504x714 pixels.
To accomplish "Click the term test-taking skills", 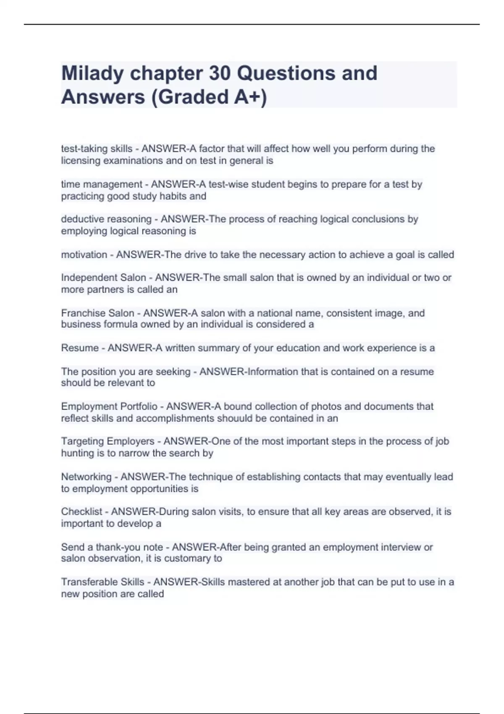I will coord(97,149).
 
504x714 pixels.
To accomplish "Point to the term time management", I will coord(102,184).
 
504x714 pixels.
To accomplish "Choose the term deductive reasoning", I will coord(106,219).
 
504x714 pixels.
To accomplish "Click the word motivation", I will coord(84,255).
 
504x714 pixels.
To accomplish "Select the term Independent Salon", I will coord(103,278).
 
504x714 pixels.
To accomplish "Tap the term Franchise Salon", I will coord(97,313).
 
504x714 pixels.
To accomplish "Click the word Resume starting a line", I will coord(80,348).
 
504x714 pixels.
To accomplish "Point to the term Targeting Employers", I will coord(108,441).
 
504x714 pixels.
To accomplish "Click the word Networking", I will coord(86,477).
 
